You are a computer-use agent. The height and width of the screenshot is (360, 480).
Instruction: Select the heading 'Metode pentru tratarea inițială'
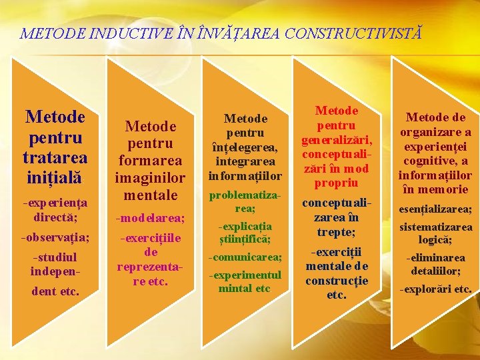pyautogui.click(x=55, y=147)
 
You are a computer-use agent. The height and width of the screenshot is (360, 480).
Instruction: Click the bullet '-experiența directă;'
pyautogui.click(x=55, y=209)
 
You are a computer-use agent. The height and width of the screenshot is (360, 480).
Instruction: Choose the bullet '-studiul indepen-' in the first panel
pyautogui.click(x=55, y=264)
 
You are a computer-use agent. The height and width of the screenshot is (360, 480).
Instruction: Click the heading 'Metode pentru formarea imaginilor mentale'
pyautogui.click(x=151, y=161)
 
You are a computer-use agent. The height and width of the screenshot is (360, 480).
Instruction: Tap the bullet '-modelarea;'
pyautogui.click(x=151, y=218)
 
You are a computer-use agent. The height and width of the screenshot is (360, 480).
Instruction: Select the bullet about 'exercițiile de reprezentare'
pyautogui.click(x=151, y=259)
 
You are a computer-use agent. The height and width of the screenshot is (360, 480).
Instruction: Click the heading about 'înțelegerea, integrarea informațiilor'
pyautogui.click(x=245, y=147)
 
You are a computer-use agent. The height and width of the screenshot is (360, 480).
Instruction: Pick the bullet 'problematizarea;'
pyautogui.click(x=245, y=201)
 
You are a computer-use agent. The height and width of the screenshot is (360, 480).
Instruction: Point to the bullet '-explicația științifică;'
pyautogui.click(x=245, y=232)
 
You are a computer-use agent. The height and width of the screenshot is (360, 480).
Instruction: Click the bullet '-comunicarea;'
pyautogui.click(x=245, y=257)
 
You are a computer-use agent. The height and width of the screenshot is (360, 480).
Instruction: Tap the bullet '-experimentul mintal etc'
pyautogui.click(x=245, y=281)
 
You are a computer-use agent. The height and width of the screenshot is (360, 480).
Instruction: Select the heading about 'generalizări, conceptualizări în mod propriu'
pyautogui.click(x=337, y=147)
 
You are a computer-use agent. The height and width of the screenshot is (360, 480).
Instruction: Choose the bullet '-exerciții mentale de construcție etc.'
pyautogui.click(x=337, y=273)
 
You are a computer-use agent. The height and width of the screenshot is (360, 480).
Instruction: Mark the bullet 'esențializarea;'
pyautogui.click(x=435, y=209)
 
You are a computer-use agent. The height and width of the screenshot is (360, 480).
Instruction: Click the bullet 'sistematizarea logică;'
pyautogui.click(x=435, y=233)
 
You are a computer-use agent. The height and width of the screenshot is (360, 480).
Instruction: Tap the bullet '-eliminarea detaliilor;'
pyautogui.click(x=435, y=264)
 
